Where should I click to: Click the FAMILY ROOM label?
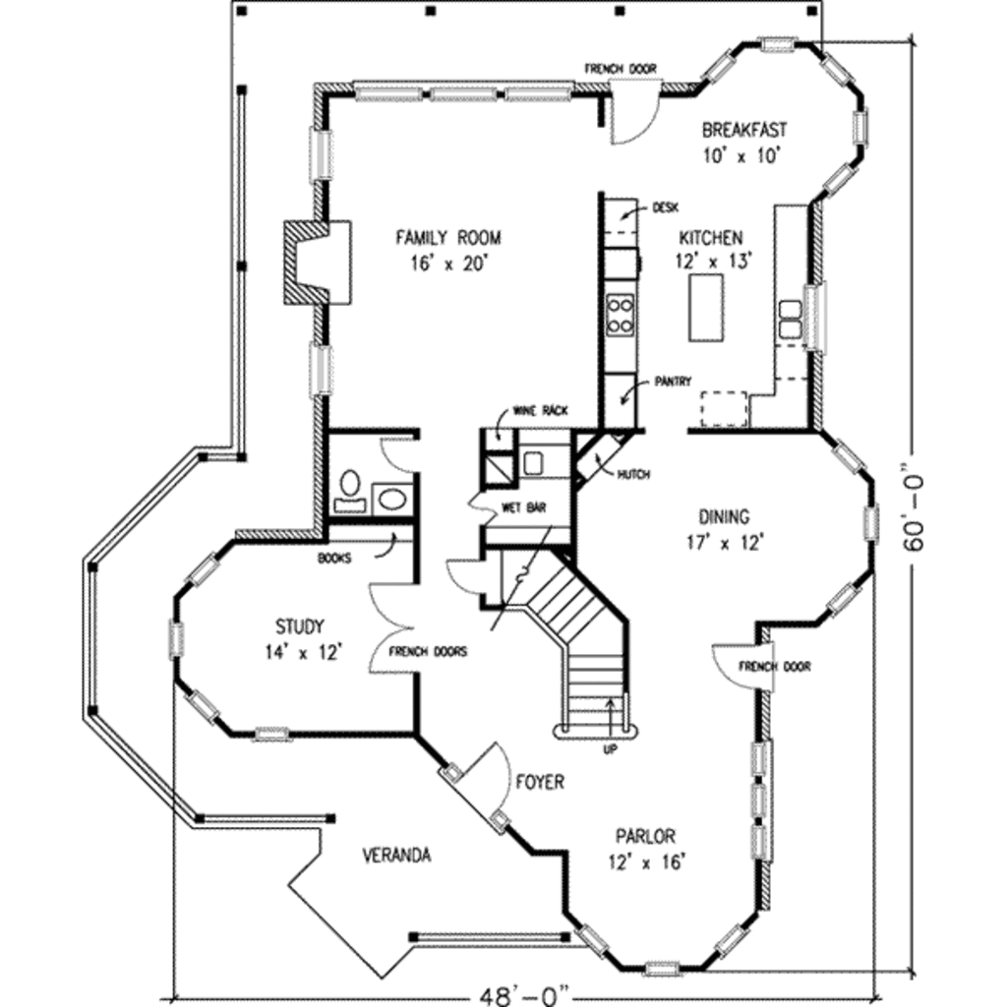coord(447,237)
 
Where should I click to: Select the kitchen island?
coord(705,308)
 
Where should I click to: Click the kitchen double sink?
coord(790,319)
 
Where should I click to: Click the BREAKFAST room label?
coord(744,130)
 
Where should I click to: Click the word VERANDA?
coord(395,855)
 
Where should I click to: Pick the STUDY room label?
coord(300,625)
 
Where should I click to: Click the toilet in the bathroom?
coord(349,486)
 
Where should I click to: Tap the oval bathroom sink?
coord(392,498)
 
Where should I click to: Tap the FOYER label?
coord(540,782)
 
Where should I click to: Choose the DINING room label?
coord(724,516)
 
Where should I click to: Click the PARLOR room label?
coord(645,837)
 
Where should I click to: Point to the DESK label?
coord(665,208)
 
